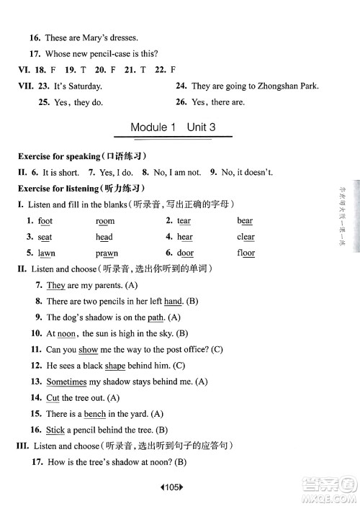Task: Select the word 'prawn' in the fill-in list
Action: pos(107,253)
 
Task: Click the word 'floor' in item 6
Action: pos(246,253)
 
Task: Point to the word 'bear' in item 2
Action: pos(245,221)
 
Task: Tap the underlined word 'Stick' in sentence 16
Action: pos(55,430)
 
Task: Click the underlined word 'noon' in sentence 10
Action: pos(66,333)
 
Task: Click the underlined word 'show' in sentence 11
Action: pos(88,350)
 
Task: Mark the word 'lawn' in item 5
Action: pos(46,253)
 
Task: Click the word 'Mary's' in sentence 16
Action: pos(98,37)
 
